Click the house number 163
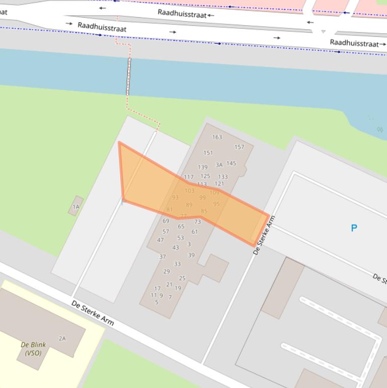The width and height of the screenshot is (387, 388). point(217,137)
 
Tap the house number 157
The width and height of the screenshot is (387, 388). point(239,147)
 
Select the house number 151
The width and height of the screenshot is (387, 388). point(208,153)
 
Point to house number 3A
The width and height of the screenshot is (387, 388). point(219,165)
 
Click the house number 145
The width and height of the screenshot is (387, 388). point(231,163)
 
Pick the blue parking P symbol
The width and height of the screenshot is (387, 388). point(354,228)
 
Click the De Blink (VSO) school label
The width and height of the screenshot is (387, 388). point(33,349)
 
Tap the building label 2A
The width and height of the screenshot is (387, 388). point(62,339)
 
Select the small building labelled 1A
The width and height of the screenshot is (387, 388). point(76,206)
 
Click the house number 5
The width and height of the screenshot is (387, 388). point(157,302)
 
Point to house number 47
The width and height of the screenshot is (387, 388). point(161,240)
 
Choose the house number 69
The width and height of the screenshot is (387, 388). point(166,221)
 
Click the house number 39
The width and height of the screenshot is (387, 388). point(191,255)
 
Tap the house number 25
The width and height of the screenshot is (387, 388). point(182,278)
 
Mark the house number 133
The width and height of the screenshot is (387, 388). point(223,177)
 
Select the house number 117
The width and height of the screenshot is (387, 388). point(189,177)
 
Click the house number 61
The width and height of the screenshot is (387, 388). point(195,232)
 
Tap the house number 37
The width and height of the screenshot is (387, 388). point(163,257)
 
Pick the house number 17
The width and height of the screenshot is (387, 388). point(158,289)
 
